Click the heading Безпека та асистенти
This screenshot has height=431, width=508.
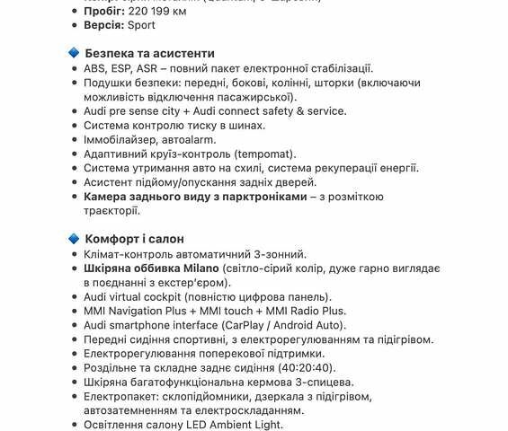click(x=149, y=54)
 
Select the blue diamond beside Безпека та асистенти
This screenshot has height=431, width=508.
click(x=74, y=54)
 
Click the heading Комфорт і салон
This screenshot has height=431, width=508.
click(x=134, y=239)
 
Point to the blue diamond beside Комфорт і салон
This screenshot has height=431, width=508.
click(x=74, y=239)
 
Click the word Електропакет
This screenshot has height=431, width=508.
click(x=122, y=396)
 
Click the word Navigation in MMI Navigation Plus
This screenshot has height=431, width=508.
click(x=145, y=311)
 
